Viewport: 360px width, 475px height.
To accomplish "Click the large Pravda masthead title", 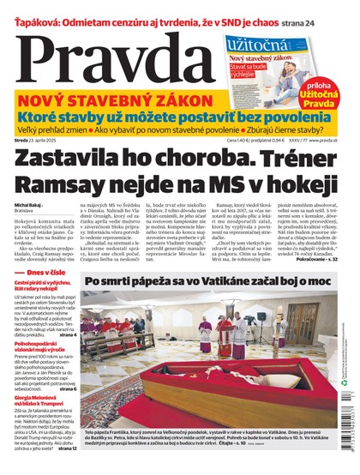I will [103, 56].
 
